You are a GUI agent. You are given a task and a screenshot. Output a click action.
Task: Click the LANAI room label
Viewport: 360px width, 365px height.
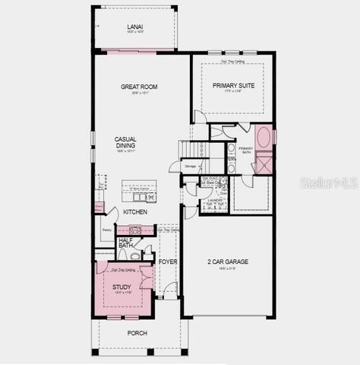(134, 27)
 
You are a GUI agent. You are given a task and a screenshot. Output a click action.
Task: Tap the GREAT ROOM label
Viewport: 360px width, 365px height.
(139, 87)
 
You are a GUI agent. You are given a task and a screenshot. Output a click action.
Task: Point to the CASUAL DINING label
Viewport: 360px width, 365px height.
(125, 142)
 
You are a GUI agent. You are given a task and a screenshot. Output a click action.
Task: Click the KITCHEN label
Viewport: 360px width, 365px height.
(135, 212)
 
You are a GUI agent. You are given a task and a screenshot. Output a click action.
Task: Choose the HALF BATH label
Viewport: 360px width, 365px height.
(126, 243)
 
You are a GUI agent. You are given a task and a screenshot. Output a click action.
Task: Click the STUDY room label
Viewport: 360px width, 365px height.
(122, 287)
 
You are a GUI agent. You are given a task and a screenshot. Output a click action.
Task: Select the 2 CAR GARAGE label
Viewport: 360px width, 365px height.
(228, 262)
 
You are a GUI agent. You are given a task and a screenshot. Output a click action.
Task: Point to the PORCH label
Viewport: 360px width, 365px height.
(137, 333)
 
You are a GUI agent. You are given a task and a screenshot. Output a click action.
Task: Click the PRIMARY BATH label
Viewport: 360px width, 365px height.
(245, 151)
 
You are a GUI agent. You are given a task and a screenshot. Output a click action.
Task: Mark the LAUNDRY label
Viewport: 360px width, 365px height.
(214, 199)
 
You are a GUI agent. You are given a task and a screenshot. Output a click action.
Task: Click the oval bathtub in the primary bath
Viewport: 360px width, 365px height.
(263, 138)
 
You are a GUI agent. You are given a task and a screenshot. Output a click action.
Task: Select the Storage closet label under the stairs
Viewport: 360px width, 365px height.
(190, 165)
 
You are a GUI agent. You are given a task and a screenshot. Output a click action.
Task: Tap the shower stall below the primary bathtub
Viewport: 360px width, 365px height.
(264, 163)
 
